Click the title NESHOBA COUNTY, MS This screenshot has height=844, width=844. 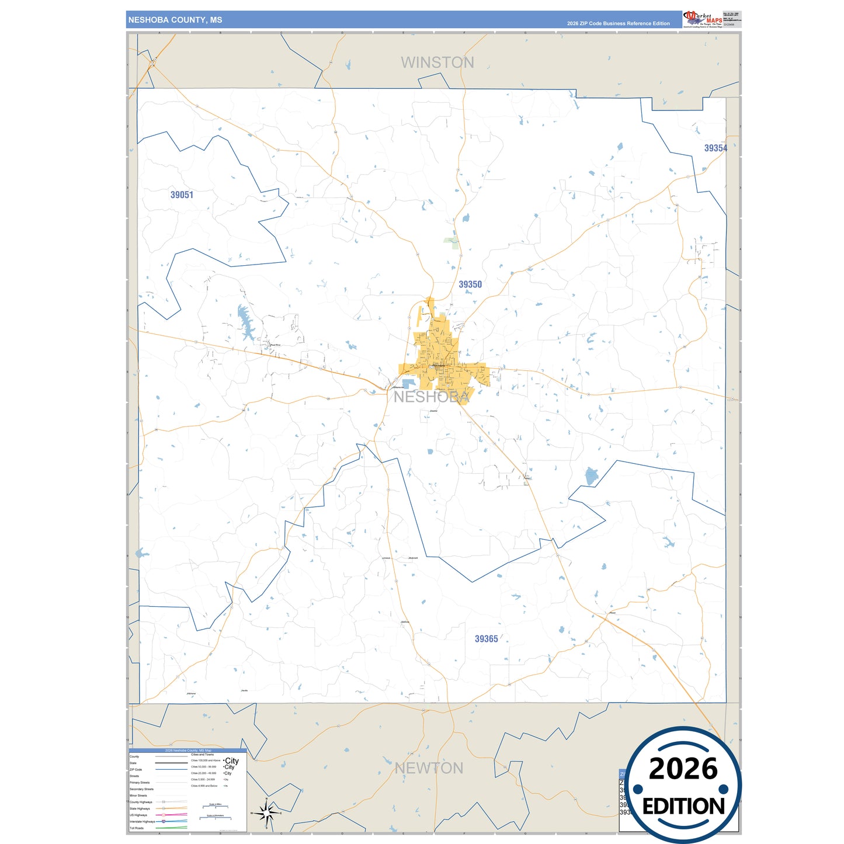[175, 20]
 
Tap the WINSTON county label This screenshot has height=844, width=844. [437, 62]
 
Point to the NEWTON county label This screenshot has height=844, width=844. [429, 768]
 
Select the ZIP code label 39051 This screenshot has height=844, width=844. [182, 195]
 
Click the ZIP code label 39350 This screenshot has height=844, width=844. [470, 284]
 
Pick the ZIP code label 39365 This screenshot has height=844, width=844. [486, 639]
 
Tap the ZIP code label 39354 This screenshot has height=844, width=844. [716, 148]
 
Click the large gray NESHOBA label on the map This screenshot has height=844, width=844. [431, 397]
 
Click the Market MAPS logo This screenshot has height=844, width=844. [703, 19]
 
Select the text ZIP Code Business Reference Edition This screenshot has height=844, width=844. [618, 23]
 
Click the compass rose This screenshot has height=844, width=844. [266, 812]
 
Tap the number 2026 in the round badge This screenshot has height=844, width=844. [683, 769]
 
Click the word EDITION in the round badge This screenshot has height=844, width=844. [683, 807]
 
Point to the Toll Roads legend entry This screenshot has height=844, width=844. [137, 828]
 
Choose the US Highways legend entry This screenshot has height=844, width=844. [138, 815]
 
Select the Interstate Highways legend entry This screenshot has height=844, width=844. [143, 822]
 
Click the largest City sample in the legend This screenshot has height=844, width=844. [232, 760]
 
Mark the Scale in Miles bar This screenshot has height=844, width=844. [216, 807]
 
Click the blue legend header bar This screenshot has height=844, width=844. [188, 751]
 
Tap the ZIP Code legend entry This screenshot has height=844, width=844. [136, 770]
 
